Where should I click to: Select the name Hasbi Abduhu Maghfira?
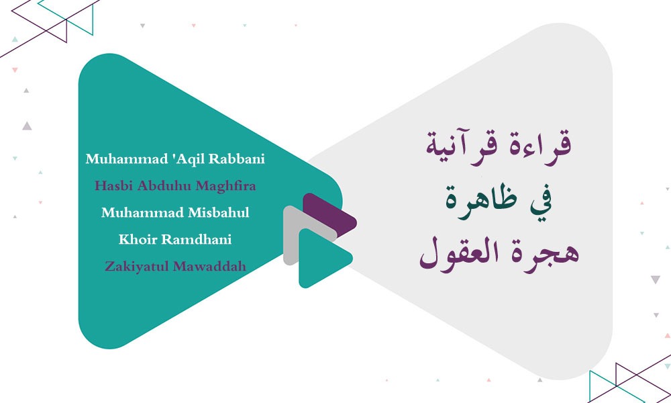pos(176,186)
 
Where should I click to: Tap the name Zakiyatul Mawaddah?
pos(176,266)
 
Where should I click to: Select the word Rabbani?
pos(237,159)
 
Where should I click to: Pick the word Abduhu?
pos(160,186)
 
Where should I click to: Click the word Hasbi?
pos(111,186)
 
